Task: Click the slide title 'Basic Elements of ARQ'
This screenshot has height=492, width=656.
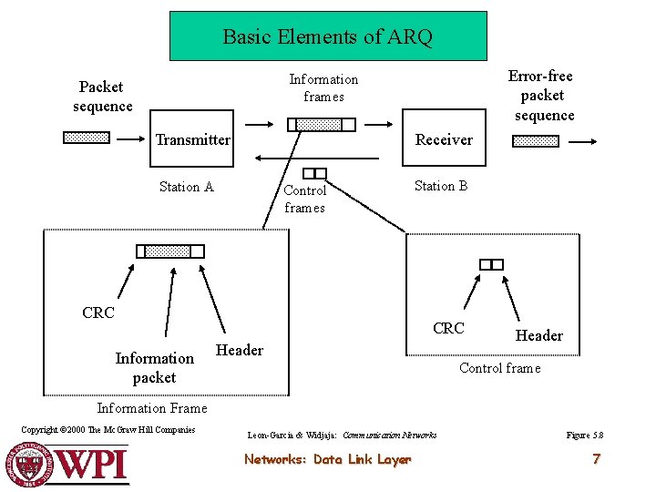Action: [x=328, y=36]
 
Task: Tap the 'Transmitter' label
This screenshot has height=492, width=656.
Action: [x=192, y=139]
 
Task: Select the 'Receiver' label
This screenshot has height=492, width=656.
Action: [x=444, y=139]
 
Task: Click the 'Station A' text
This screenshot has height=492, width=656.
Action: [x=186, y=187]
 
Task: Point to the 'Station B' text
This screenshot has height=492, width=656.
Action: [x=441, y=186]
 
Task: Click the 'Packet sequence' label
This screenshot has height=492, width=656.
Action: [x=102, y=97]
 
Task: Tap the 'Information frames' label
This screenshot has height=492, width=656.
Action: [x=323, y=88]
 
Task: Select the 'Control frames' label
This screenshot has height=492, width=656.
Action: [x=305, y=199]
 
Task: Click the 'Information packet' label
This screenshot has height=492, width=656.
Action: [x=155, y=367]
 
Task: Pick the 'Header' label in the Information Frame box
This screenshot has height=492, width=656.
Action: [x=240, y=350]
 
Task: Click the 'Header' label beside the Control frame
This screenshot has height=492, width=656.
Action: [x=539, y=335]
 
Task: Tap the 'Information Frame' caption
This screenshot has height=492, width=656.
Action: [x=152, y=408]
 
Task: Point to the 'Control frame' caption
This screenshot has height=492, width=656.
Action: [x=499, y=368]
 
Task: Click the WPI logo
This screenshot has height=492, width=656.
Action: [x=69, y=463]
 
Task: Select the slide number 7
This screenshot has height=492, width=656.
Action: [x=596, y=458]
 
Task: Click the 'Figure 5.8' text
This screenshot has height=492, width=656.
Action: [x=584, y=435]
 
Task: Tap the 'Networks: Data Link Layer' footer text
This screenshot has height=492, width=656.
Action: [x=327, y=459]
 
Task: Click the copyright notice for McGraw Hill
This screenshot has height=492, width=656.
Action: [x=108, y=430]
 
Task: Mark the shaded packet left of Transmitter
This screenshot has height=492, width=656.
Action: [x=87, y=138]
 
